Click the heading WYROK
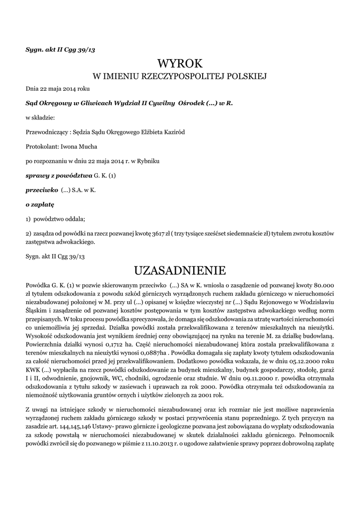[180, 63]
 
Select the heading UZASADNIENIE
[180, 270]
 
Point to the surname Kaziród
[176, 132]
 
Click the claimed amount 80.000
[322, 285]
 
